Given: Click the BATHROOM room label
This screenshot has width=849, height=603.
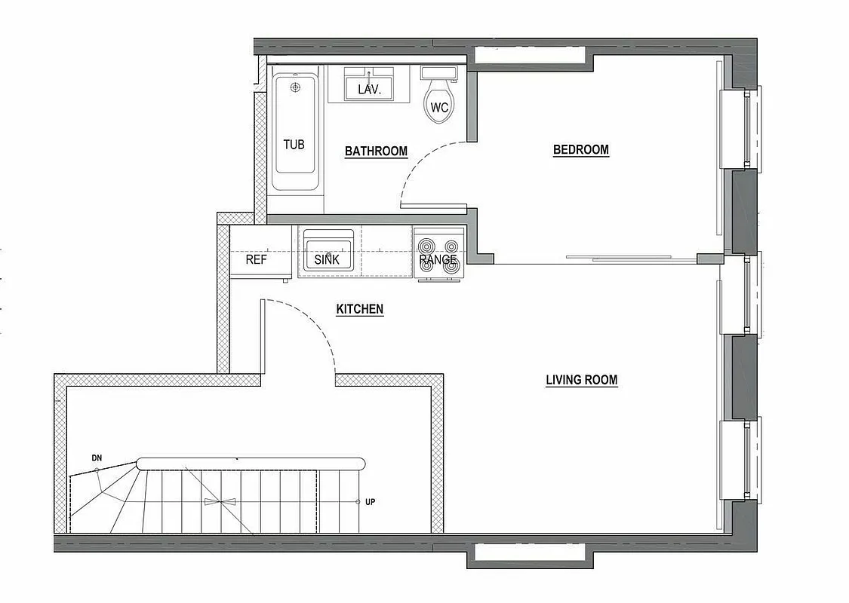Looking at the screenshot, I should point(376,152).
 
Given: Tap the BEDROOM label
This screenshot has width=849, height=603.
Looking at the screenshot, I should point(580,150).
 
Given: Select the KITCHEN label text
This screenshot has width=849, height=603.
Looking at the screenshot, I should point(359,309).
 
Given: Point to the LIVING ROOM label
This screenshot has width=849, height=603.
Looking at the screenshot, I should point(581,380).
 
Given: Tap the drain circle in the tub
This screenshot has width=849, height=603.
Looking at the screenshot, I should point(295,87).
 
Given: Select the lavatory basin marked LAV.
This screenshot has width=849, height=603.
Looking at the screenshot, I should point(369,87).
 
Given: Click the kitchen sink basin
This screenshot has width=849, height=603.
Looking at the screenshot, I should point(328,252).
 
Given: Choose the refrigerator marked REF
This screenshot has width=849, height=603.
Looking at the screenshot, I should point(257,259).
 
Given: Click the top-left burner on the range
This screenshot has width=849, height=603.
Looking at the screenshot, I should point(427,245).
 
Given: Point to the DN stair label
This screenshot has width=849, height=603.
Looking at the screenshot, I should point(97,458).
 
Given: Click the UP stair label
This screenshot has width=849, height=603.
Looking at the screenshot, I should point(370,502).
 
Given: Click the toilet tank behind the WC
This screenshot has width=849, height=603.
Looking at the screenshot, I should point(438,72).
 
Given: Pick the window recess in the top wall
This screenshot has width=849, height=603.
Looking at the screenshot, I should point(531,55).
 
